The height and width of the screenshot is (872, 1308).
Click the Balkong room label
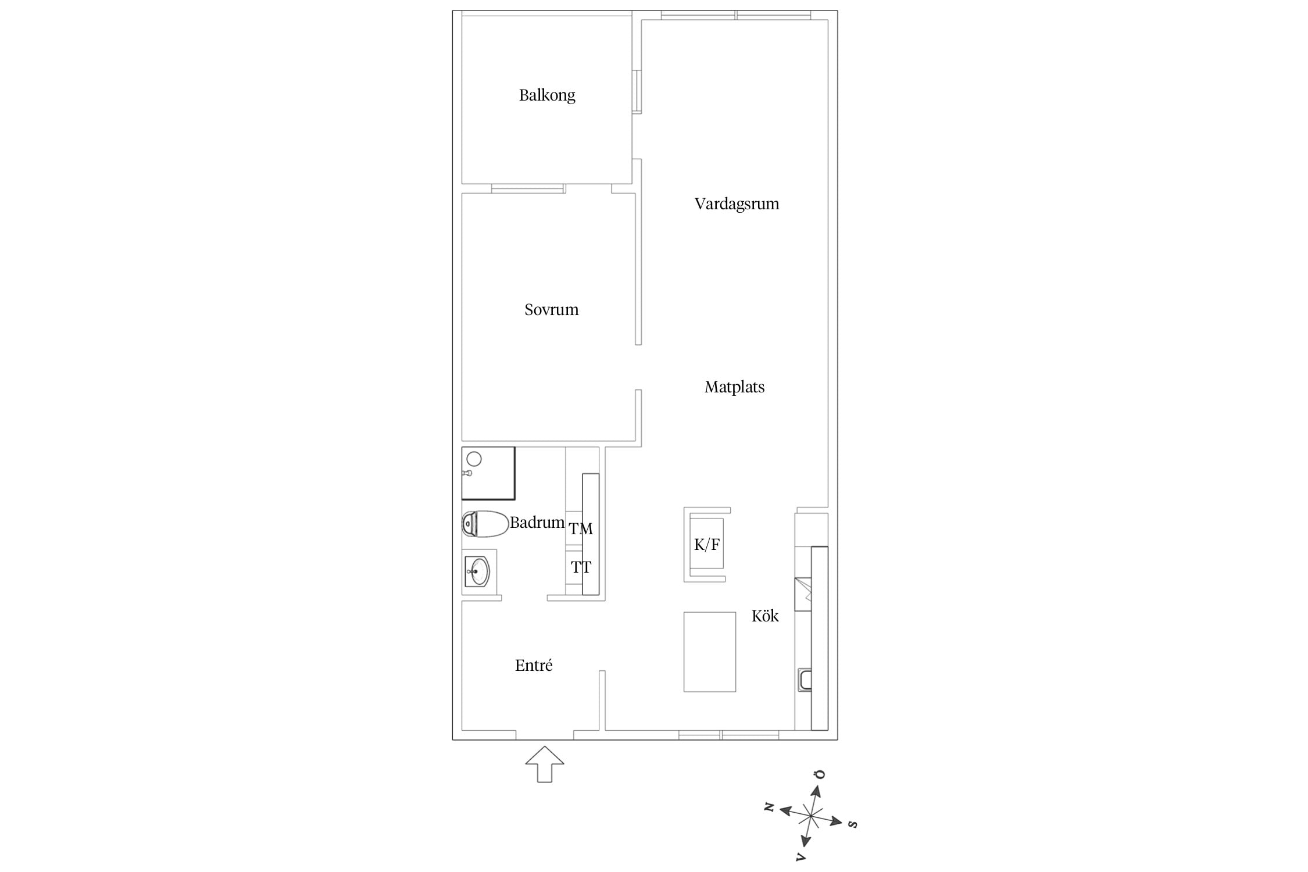(x=547, y=95)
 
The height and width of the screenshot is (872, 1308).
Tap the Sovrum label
(x=552, y=309)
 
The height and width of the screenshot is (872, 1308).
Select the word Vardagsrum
(x=737, y=204)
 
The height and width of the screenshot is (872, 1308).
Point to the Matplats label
(x=734, y=387)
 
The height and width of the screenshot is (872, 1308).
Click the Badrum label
(x=537, y=523)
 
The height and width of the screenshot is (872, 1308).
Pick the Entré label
(x=534, y=665)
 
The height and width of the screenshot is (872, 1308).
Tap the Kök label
(x=765, y=616)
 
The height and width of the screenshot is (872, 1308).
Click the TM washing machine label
(x=581, y=529)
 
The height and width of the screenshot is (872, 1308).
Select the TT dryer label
(x=581, y=567)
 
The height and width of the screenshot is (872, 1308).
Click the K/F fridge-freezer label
(x=707, y=545)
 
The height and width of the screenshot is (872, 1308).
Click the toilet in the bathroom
(x=485, y=524)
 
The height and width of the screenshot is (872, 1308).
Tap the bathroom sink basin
(x=477, y=571)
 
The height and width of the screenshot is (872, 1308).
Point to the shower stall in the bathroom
(x=488, y=473)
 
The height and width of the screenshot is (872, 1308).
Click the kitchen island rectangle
(x=710, y=652)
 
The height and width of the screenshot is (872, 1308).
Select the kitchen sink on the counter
(x=805, y=680)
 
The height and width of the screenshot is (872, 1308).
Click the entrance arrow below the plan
(x=545, y=764)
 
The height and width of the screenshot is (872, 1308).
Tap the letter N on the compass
(x=769, y=807)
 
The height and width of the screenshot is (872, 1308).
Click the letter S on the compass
(x=853, y=824)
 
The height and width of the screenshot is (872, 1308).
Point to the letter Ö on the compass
(x=820, y=775)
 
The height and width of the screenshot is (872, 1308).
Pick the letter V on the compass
(x=801, y=856)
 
